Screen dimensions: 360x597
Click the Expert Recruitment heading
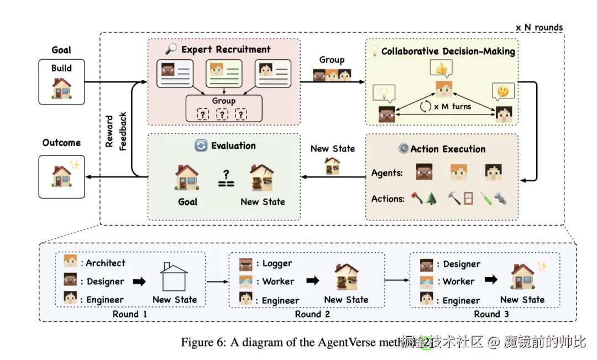226,50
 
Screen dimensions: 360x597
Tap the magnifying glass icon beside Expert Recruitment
171,49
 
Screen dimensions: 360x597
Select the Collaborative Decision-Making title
448,51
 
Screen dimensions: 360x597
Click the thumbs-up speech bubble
441,69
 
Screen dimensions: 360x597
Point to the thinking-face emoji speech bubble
504,90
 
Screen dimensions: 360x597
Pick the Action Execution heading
448,149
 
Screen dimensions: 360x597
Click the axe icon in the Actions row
417,198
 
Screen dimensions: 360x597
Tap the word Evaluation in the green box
233,146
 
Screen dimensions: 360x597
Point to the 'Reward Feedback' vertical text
116,131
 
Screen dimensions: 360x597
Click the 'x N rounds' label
539,27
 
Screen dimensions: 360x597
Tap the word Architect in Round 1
106,263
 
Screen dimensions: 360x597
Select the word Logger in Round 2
277,264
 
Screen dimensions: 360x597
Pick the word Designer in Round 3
462,264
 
